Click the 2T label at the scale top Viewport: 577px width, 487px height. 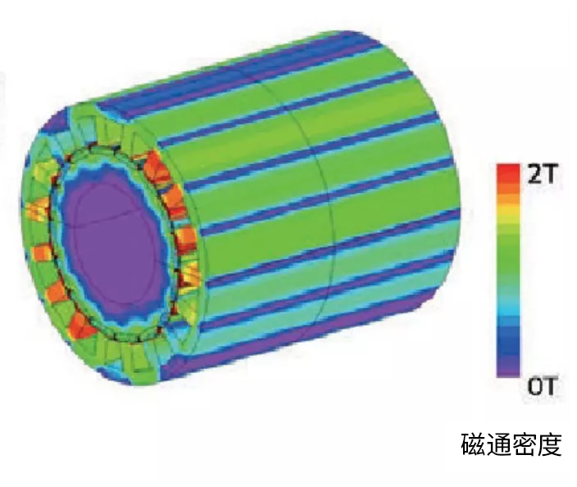tap(541, 174)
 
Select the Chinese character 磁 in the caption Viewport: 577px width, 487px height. tap(473, 444)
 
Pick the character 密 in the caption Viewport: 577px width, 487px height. tap(524, 444)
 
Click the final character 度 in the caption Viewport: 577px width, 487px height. tap(549, 444)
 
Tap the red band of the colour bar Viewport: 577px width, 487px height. tap(508, 173)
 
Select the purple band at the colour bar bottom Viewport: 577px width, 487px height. tap(508, 366)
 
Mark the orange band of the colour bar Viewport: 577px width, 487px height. tap(508, 193)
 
